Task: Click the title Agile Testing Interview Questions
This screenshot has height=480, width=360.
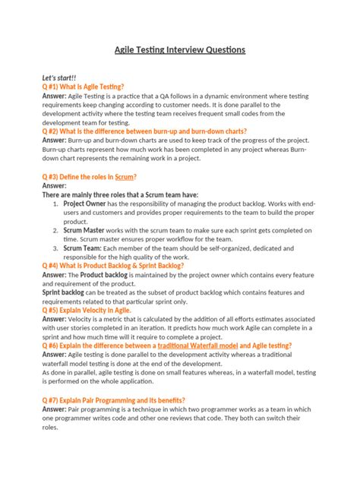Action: [180, 49]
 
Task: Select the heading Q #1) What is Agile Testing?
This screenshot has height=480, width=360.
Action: [84, 87]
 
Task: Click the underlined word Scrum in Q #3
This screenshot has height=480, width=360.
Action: [125, 176]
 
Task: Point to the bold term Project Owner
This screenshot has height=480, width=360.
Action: [85, 204]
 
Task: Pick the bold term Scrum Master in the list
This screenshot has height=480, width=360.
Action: [84, 230]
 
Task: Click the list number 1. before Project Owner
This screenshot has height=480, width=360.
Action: [57, 204]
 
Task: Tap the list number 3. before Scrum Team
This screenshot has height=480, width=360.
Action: [57, 248]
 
